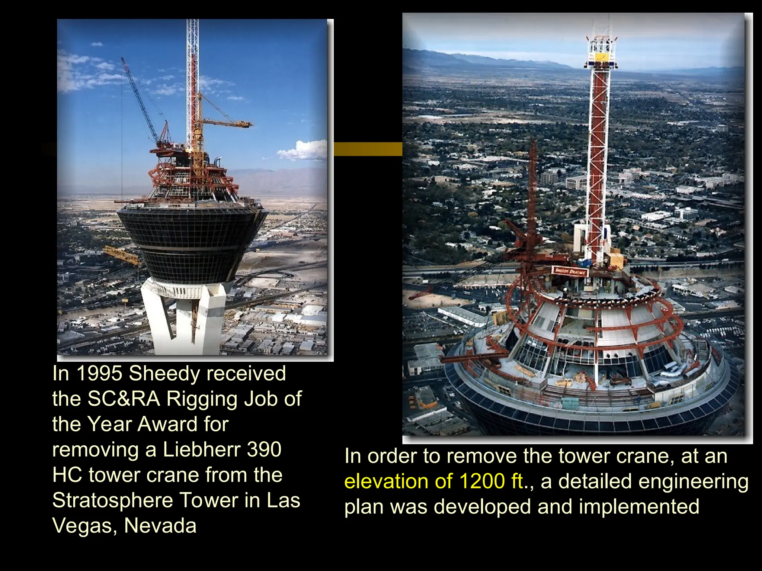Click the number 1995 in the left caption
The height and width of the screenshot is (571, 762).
click(x=99, y=374)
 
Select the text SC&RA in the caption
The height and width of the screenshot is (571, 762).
click(x=124, y=399)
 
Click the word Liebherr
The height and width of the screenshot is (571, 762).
click(x=202, y=449)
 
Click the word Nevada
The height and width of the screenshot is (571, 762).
click(x=160, y=526)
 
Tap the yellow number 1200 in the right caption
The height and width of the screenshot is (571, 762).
click(x=481, y=481)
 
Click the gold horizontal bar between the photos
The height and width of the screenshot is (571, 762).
click(x=368, y=149)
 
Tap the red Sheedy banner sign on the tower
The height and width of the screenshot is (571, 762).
click(x=570, y=271)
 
